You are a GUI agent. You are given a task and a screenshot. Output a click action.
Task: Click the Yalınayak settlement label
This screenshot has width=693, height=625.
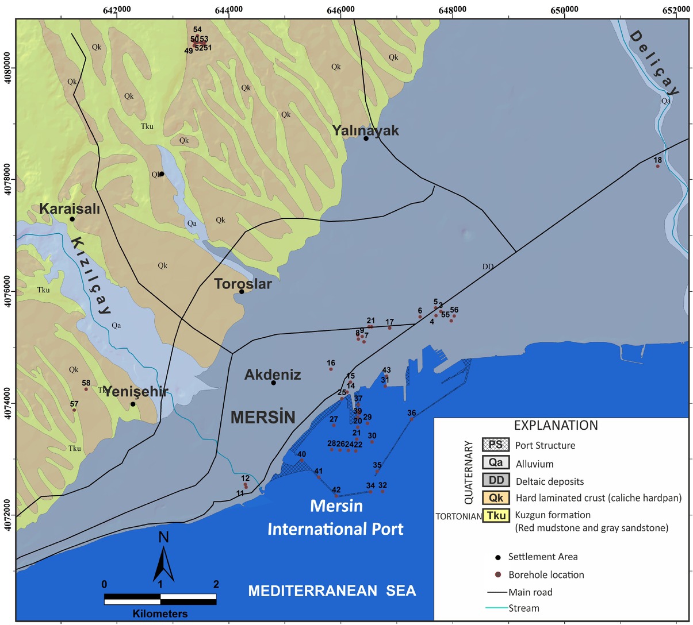coord(365,130)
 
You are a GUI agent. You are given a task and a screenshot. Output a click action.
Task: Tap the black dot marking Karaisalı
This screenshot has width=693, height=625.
coord(72,219)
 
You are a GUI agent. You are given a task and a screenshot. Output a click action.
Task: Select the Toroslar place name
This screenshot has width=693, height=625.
coord(243,283)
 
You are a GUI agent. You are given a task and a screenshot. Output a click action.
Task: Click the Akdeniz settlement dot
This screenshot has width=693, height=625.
coord(274,383)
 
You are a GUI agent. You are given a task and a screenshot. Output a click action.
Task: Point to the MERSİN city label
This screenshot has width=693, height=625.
coord(263,417)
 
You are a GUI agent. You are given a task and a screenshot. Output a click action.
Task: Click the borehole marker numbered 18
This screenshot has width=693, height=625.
coord(658,167)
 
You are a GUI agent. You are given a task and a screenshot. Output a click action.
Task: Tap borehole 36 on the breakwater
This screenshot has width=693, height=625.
coord(412,419)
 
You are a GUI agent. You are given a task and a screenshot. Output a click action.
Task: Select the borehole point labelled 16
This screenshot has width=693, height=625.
coord(331,369)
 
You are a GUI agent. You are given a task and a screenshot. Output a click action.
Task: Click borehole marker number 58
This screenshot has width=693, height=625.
coord(86,389)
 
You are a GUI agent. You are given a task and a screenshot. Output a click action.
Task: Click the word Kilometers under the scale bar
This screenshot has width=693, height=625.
coord(160,614)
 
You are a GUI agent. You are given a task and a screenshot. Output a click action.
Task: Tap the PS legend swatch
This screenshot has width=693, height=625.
coord(495,445)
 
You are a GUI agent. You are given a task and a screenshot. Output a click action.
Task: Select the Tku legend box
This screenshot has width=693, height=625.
coord(495,515)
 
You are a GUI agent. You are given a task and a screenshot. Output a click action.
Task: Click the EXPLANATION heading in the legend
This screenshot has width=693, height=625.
coord(556,426)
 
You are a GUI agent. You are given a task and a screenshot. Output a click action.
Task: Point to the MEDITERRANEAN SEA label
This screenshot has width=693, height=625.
coord(332,591)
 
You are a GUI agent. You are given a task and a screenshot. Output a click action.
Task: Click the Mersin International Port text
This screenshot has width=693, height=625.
coord(336,518)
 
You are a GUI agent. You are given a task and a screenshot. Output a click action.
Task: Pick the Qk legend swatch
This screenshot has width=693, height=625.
coord(495,498)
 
